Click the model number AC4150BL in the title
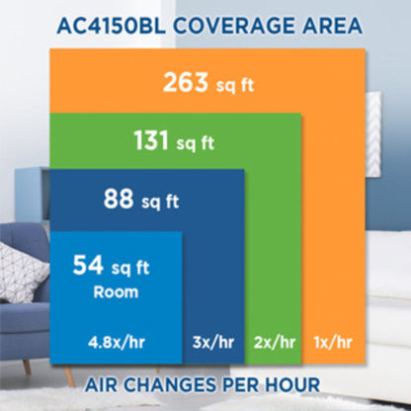[x=111, y=26]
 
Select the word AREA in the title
[x=332, y=26]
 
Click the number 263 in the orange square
[x=186, y=82]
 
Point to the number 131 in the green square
[x=151, y=140]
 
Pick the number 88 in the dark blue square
[x=119, y=199]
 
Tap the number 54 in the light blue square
[x=88, y=265]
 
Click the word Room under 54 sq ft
[x=116, y=292]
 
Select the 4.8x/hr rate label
[x=117, y=343]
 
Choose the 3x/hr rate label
[x=213, y=343]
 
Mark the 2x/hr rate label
[x=275, y=343]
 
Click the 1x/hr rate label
[x=333, y=343]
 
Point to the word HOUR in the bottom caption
[x=292, y=384]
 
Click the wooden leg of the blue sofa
[x=68, y=374]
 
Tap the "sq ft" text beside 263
[x=235, y=85]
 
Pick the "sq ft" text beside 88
[x=160, y=201]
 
